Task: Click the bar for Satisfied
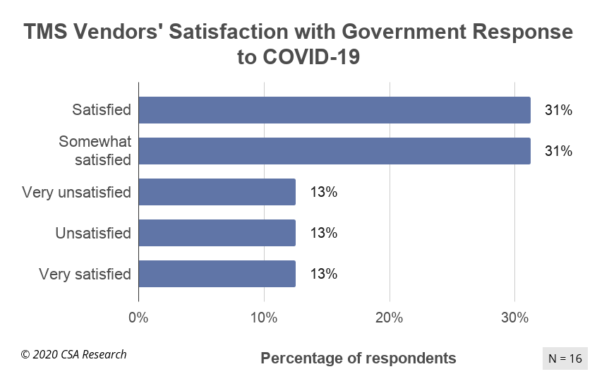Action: pyautogui.click(x=334, y=110)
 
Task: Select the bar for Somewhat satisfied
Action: pyautogui.click(x=334, y=151)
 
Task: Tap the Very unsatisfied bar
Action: pyautogui.click(x=217, y=192)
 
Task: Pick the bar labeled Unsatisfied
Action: pyautogui.click(x=217, y=233)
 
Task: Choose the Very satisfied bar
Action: pyautogui.click(x=217, y=274)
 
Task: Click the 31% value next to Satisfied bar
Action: pyautogui.click(x=557, y=110)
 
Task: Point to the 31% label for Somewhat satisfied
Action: pyautogui.click(x=557, y=151)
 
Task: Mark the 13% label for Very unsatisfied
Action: pyautogui.click(x=323, y=192)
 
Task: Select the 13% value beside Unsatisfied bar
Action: pyautogui.click(x=323, y=233)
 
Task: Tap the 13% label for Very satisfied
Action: pyautogui.click(x=323, y=274)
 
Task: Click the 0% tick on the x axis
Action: pyautogui.click(x=138, y=318)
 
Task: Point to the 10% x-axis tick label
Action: pyautogui.click(x=264, y=318)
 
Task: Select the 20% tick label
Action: pyautogui.click(x=389, y=318)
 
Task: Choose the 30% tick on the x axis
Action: pyautogui.click(x=514, y=318)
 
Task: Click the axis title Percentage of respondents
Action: pyautogui.click(x=358, y=358)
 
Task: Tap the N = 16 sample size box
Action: pyautogui.click(x=565, y=358)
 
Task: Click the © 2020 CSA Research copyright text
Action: pyautogui.click(x=73, y=354)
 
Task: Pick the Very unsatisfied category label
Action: pyautogui.click(x=76, y=192)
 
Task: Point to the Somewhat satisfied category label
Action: pyautogui.click(x=95, y=151)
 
